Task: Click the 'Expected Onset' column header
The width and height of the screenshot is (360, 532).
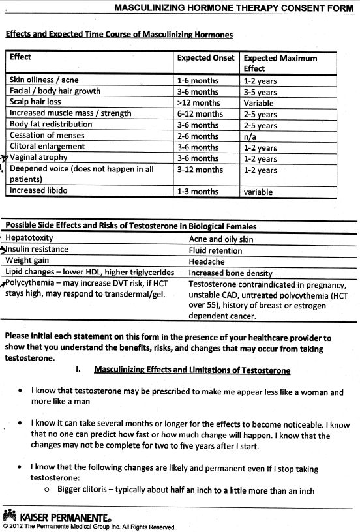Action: pyautogui.click(x=205, y=58)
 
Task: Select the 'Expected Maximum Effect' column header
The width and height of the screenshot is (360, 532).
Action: pyautogui.click(x=280, y=63)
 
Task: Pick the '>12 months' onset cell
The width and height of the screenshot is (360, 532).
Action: pyautogui.click(x=198, y=102)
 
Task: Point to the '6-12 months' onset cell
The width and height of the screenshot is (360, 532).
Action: pyautogui.click(x=200, y=114)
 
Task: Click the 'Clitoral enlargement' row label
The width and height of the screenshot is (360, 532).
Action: pyautogui.click(x=47, y=147)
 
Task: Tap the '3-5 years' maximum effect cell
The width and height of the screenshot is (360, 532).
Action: pyautogui.click(x=260, y=92)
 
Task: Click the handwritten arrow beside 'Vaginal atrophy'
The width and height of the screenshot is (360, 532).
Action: pyautogui.click(x=5, y=158)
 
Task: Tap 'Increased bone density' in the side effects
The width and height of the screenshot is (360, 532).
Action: pyautogui.click(x=230, y=273)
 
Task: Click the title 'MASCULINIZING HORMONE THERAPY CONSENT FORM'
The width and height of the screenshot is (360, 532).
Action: pyautogui.click(x=235, y=9)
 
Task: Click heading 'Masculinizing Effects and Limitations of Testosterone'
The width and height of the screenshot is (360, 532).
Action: pyautogui.click(x=192, y=370)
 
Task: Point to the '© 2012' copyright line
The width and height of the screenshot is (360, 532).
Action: pyautogui.click(x=89, y=525)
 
